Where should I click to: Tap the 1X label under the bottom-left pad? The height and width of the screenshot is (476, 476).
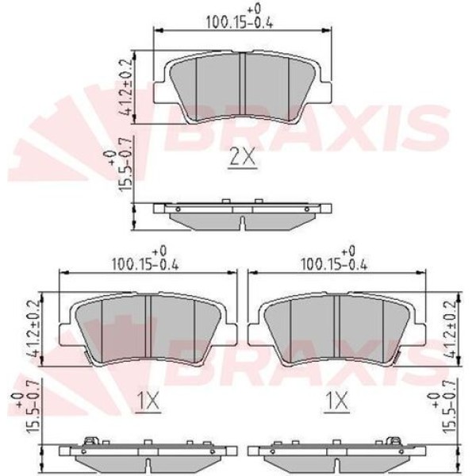(x=148, y=404)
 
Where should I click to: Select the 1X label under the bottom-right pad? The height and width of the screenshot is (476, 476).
(x=337, y=404)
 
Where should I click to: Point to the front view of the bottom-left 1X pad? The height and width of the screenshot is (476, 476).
(x=149, y=328)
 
